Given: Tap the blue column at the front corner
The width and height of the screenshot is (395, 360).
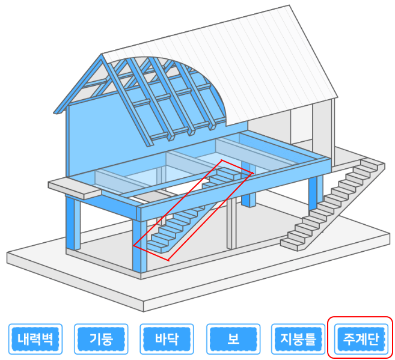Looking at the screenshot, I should [139, 246].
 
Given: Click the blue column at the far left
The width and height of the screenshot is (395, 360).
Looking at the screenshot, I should [73, 222].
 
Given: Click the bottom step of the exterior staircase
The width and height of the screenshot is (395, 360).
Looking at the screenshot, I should [295, 243].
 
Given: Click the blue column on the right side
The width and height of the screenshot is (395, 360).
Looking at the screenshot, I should [315, 192].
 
